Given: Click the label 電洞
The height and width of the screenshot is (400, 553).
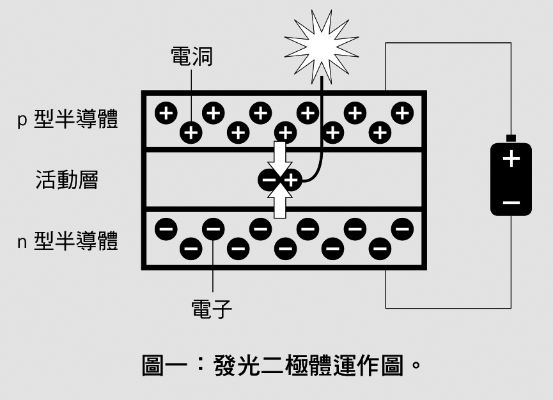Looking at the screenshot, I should [192, 57].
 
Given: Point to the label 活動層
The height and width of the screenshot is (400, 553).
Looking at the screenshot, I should [66, 180].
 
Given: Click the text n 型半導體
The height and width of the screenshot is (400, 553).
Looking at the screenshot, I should [67, 242].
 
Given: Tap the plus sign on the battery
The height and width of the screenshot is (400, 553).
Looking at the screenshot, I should [511, 159].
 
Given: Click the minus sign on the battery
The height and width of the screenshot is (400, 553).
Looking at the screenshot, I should [511, 203].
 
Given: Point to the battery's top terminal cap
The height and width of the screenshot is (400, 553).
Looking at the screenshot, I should [511, 138].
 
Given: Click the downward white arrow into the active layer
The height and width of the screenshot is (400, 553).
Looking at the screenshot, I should [279, 158].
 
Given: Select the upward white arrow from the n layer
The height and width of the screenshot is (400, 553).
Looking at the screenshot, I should [279, 203].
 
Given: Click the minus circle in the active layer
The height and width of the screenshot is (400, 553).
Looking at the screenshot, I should [269, 181].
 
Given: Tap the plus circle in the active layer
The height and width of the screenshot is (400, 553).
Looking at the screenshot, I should [290, 181].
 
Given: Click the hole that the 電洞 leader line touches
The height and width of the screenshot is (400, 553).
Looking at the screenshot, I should [191, 132].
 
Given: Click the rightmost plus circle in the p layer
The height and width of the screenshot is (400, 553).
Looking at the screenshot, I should [403, 113].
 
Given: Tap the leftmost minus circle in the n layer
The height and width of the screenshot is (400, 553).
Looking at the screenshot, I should [166, 227].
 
